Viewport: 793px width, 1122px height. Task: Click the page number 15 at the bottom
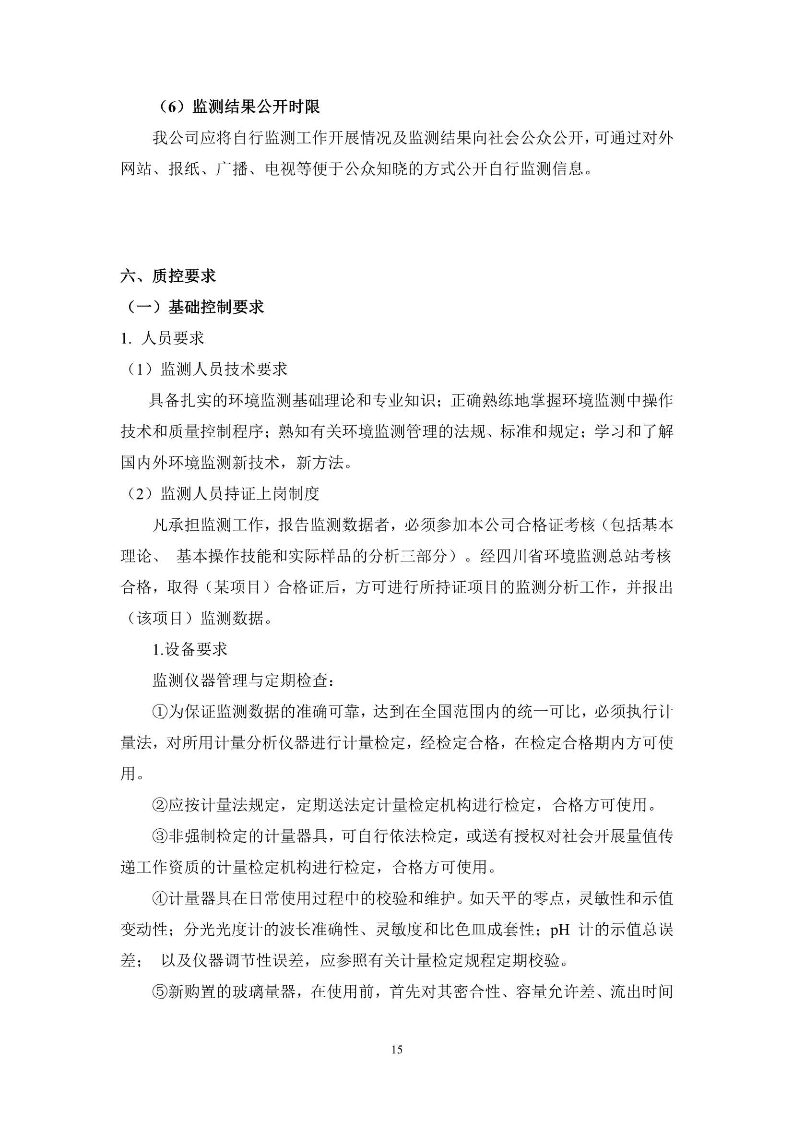tap(397, 1050)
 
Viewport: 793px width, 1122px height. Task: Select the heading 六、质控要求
tap(168, 276)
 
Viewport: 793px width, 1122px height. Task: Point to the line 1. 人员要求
tap(162, 338)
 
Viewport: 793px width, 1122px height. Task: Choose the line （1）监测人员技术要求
tap(204, 369)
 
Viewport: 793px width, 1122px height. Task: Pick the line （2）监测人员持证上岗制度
tap(220, 493)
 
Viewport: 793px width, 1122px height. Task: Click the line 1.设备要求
tap(189, 649)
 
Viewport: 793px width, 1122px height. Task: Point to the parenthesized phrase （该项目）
tap(160, 618)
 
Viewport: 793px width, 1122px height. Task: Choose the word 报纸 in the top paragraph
tap(184, 169)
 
